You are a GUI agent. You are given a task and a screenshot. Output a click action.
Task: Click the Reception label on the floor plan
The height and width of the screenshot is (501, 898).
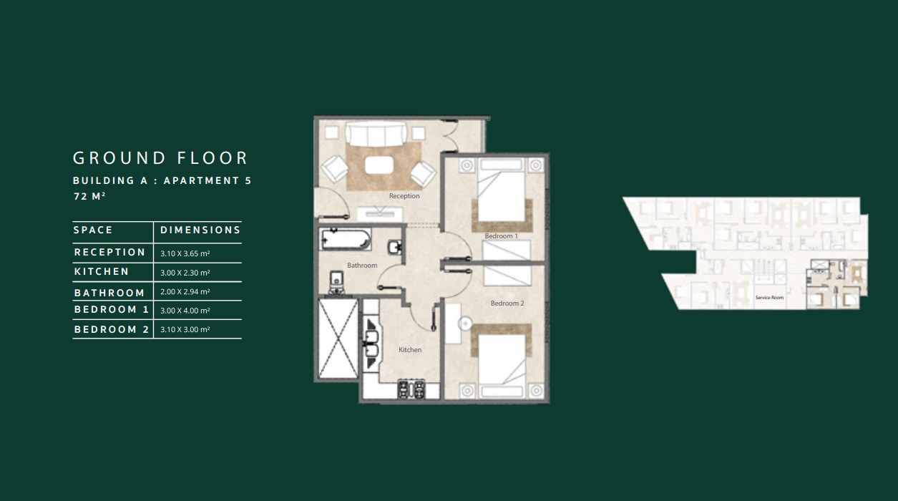coord(404,195)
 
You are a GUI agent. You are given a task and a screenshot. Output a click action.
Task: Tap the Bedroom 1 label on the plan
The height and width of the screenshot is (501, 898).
coord(501,236)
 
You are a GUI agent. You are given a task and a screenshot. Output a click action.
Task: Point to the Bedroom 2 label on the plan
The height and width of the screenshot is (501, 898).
coord(507,303)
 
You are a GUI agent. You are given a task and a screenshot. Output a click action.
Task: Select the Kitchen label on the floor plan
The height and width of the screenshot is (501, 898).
coord(410,350)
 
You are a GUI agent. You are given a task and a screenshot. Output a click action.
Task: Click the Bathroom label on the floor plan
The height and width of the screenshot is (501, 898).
coord(362,265)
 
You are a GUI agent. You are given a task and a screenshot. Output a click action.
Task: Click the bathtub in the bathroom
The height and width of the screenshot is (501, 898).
coord(346,239)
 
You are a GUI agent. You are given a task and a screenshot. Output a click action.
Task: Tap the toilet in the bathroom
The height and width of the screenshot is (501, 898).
coord(336,282)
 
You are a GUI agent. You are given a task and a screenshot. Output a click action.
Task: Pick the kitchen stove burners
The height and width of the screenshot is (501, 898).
coord(411,389)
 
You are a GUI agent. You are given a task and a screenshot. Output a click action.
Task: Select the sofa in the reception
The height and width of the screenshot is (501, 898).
coord(376,135)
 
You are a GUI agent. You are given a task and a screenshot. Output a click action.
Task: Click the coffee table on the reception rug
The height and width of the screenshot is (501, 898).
coord(379,165)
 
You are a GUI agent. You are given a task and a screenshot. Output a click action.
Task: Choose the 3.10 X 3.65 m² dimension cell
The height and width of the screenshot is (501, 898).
coord(185,253)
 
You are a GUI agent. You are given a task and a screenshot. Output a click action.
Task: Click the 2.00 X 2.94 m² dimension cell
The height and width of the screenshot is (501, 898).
coord(185,291)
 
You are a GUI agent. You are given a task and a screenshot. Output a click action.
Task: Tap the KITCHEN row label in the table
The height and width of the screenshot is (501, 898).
coord(102,271)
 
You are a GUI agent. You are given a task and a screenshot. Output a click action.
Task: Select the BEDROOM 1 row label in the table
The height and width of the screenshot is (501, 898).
coord(112,309)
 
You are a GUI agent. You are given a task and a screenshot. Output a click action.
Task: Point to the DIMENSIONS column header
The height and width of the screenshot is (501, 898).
coord(200,230)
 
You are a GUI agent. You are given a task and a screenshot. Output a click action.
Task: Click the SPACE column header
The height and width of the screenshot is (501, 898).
coord(93,230)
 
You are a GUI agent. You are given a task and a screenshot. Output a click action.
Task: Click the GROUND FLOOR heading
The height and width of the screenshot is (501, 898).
coord(160,158)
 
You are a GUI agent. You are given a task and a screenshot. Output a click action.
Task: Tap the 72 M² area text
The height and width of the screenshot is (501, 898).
coord(89,196)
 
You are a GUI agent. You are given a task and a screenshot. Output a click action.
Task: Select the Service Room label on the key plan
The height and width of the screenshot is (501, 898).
coord(769,298)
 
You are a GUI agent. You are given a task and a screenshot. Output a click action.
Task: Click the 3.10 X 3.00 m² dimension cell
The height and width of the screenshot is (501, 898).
coord(185,329)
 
